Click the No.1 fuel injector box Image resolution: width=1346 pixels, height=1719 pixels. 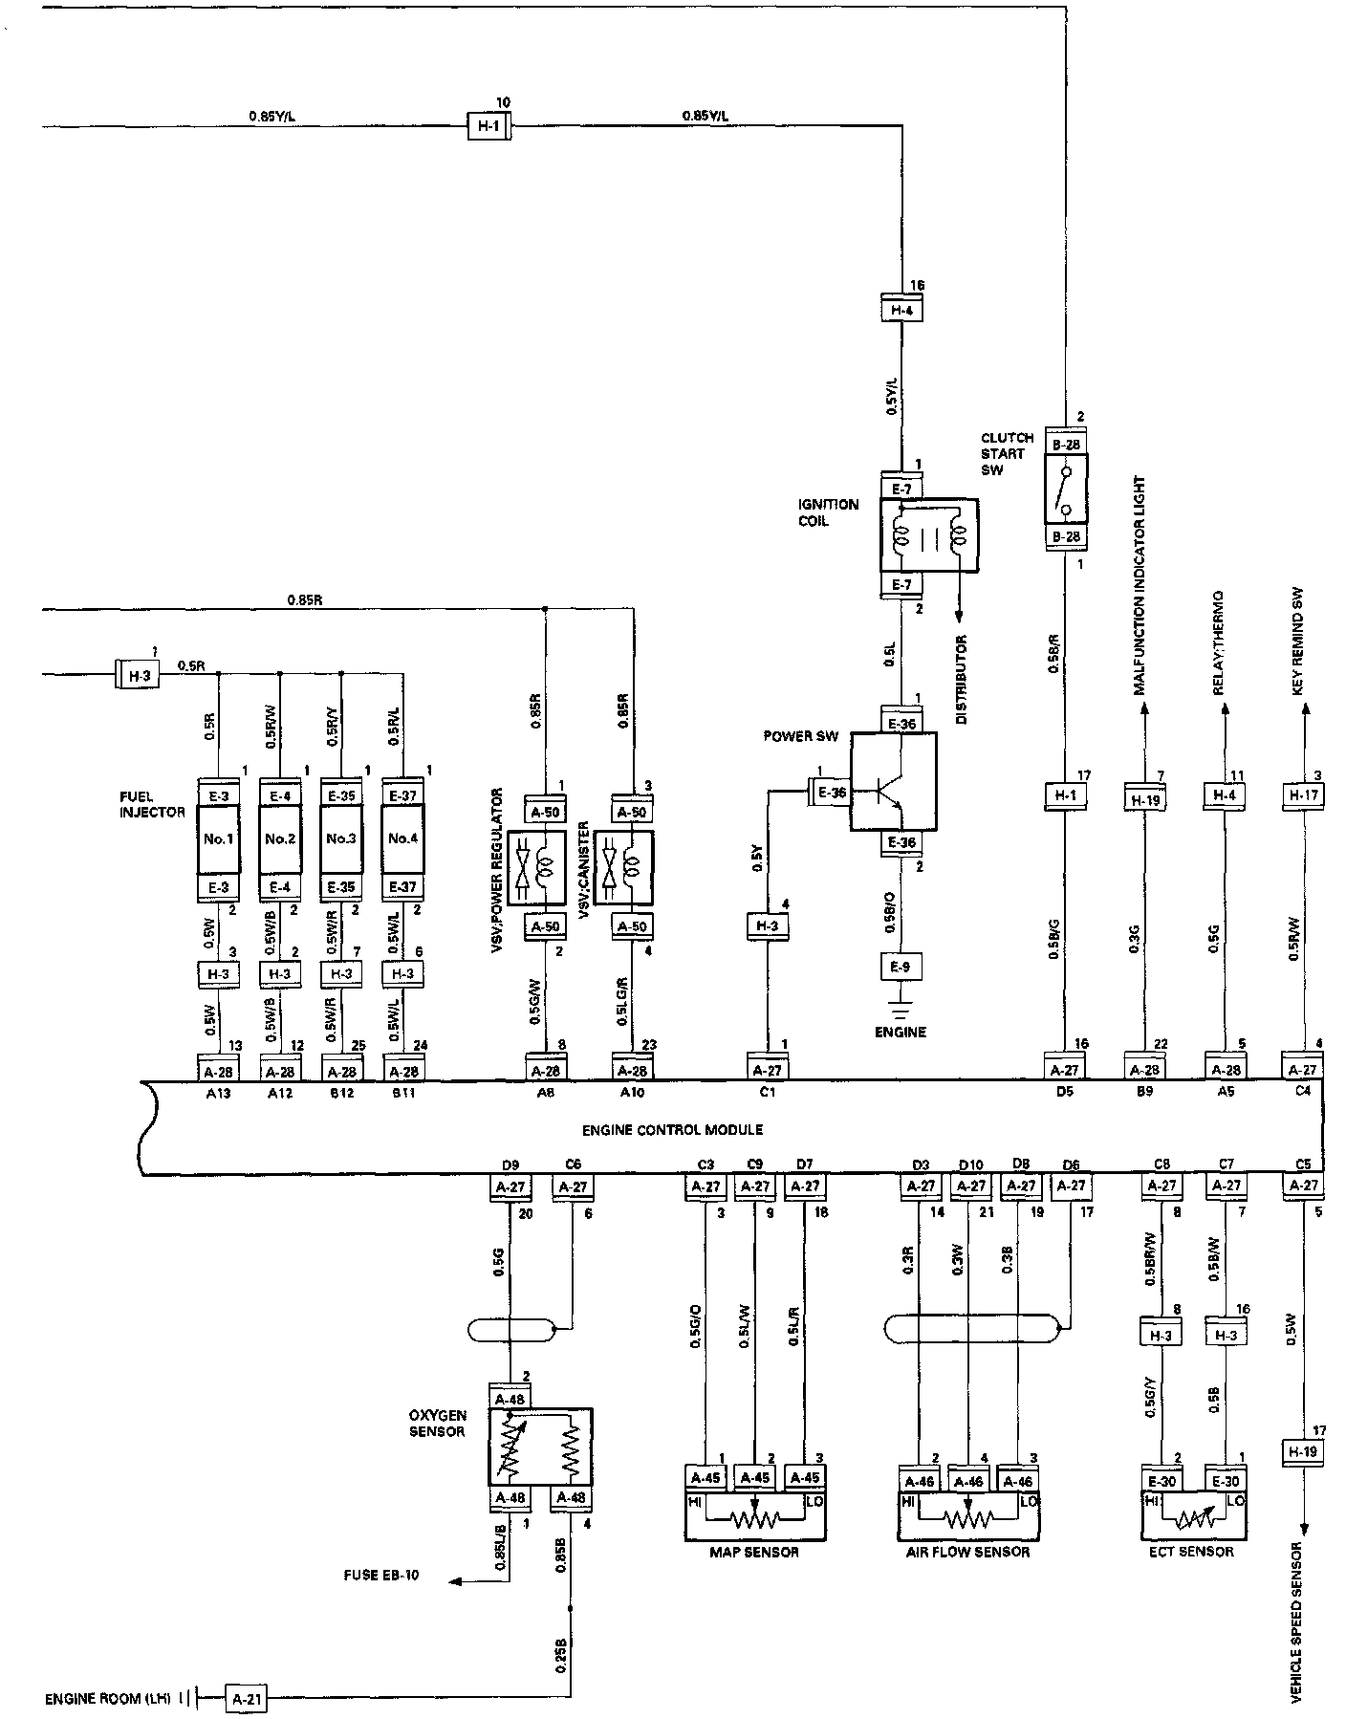pos(219,839)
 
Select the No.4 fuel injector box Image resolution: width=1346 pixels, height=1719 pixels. pos(403,839)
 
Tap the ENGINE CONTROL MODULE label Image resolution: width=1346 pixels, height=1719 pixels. pos(672,1129)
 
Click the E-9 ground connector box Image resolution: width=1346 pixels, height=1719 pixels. pos(901,967)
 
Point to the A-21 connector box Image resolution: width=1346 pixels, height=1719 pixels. pos(247,1698)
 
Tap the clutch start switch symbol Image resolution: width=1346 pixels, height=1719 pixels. pos(1065,488)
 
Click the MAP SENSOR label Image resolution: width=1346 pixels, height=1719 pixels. pos(754,1551)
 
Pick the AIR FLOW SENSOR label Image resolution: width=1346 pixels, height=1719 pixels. pos(967,1551)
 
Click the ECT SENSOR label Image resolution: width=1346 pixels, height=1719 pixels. pos(1190,1551)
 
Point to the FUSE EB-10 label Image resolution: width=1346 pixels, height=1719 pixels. pos(381,1576)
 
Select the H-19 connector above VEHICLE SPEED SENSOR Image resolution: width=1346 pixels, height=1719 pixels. pos(1302,1453)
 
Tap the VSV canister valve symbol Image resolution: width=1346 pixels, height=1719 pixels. pos(623,868)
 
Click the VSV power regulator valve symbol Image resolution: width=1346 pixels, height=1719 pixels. pos(536,868)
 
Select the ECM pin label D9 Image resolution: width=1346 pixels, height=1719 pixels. pos(510,1164)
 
